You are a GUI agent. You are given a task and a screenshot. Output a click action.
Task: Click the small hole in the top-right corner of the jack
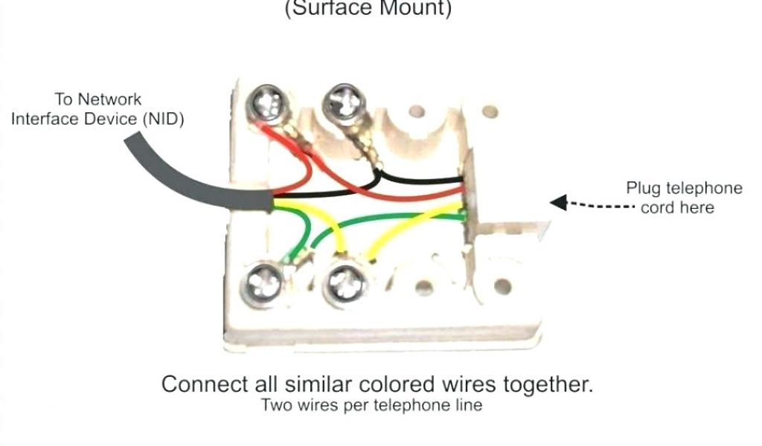(489, 112)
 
